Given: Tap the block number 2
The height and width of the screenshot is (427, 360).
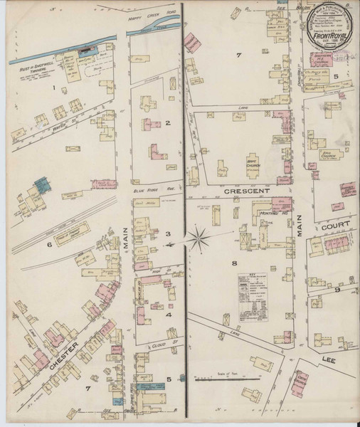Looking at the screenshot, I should coord(168,123).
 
